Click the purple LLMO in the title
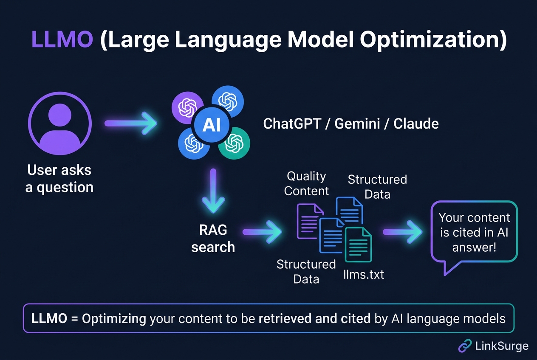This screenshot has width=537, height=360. pyautogui.click(x=62, y=39)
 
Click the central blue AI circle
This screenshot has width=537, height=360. pyautogui.click(x=211, y=125)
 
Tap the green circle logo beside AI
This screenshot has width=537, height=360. pyautogui.click(x=234, y=143)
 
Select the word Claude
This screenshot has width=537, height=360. pyautogui.click(x=416, y=124)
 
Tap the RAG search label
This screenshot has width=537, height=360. pyautogui.click(x=213, y=238)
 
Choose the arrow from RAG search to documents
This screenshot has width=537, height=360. pyautogui.click(x=262, y=232)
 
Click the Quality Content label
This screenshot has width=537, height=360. pyautogui.click(x=306, y=183)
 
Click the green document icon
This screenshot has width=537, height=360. pyautogui.click(x=358, y=244)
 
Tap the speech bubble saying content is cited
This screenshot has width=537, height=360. pyautogui.click(x=474, y=232)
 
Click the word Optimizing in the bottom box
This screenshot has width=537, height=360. pyautogui.click(x=114, y=318)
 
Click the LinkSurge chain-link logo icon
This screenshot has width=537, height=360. pyautogui.click(x=465, y=346)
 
